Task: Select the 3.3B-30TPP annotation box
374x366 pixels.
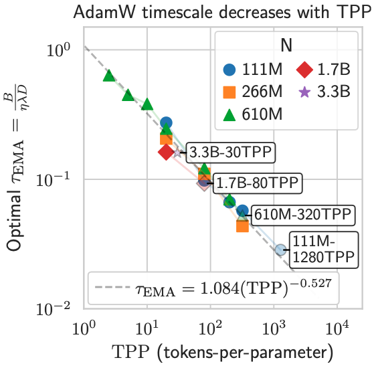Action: tap(230, 153)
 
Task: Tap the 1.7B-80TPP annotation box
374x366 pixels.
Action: tap(258, 183)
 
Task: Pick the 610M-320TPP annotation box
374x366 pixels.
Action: tap(302, 215)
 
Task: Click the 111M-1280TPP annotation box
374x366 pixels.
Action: tap(324, 250)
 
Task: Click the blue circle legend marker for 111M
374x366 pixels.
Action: tap(229, 70)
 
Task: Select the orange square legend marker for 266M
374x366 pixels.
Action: tap(229, 92)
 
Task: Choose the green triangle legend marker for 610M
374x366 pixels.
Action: tap(229, 114)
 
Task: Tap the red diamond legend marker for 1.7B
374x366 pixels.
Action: tap(304, 70)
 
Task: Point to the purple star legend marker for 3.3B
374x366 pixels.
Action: tap(304, 92)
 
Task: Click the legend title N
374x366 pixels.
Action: tap(286, 45)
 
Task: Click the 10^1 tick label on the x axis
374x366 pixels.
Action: tap(147, 329)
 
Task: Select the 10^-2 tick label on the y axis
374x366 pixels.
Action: tap(54, 309)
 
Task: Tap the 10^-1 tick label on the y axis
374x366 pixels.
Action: tap(54, 181)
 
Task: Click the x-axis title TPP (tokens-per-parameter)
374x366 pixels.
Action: tap(223, 352)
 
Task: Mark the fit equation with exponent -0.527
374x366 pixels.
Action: tap(233, 288)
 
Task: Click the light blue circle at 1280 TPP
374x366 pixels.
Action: tap(280, 250)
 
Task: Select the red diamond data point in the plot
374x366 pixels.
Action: tap(166, 152)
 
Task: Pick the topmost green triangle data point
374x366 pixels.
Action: tap(109, 76)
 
